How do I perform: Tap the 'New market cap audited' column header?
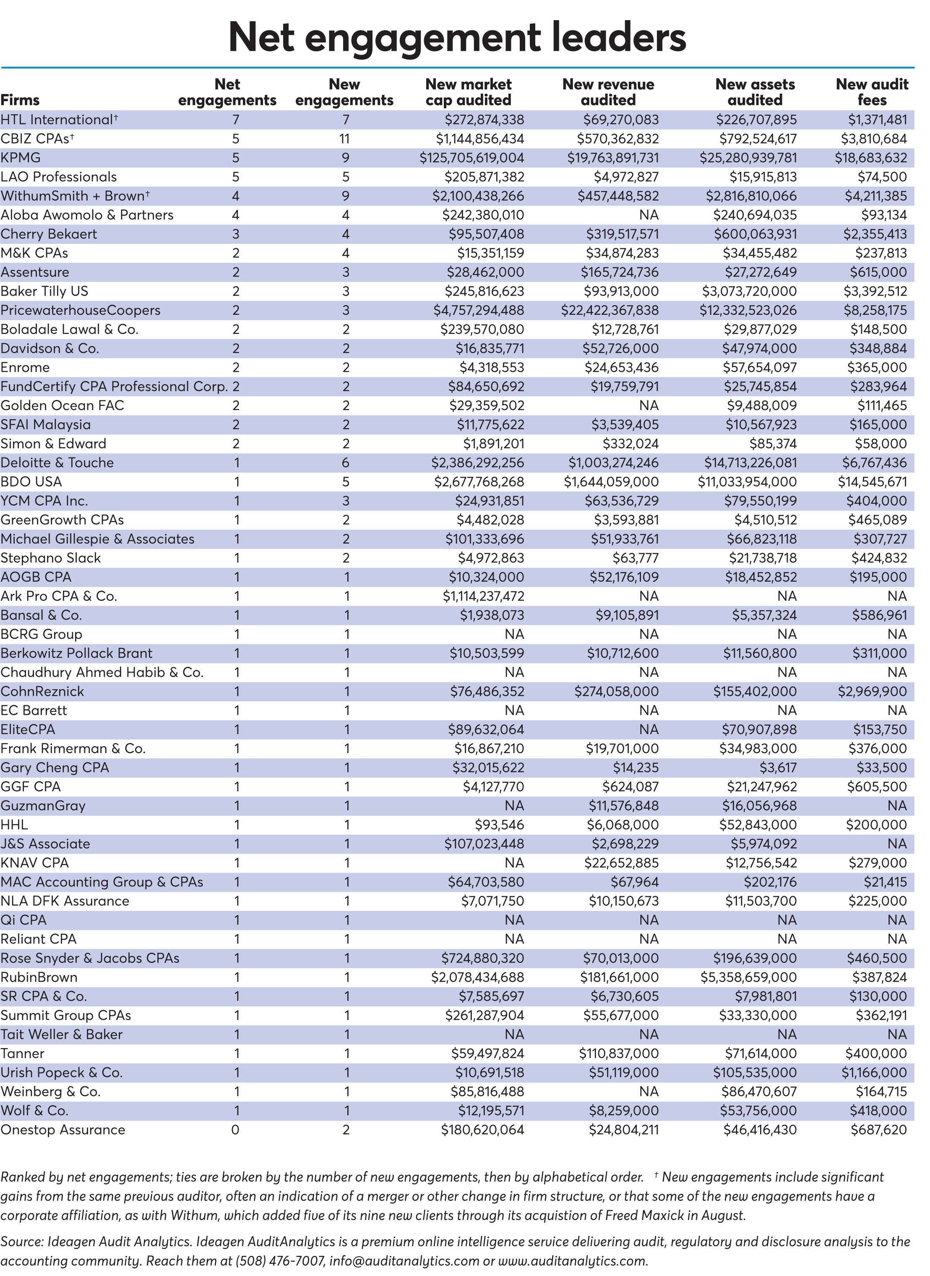pyautogui.click(x=469, y=92)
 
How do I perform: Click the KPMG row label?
pyautogui.click(x=21, y=158)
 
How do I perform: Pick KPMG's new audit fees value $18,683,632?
pyautogui.click(x=871, y=158)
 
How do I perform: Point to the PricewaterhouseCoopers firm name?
pyautogui.click(x=81, y=311)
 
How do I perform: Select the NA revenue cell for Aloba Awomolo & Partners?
pyautogui.click(x=649, y=215)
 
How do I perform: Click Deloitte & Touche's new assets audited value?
pyautogui.click(x=750, y=463)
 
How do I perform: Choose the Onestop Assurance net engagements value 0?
pyautogui.click(x=235, y=1130)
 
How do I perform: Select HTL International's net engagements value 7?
pyautogui.click(x=235, y=120)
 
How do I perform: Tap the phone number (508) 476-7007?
pyautogui.click(x=280, y=1261)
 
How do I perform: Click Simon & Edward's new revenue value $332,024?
pyautogui.click(x=630, y=444)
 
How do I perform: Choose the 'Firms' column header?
pyautogui.click(x=20, y=100)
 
